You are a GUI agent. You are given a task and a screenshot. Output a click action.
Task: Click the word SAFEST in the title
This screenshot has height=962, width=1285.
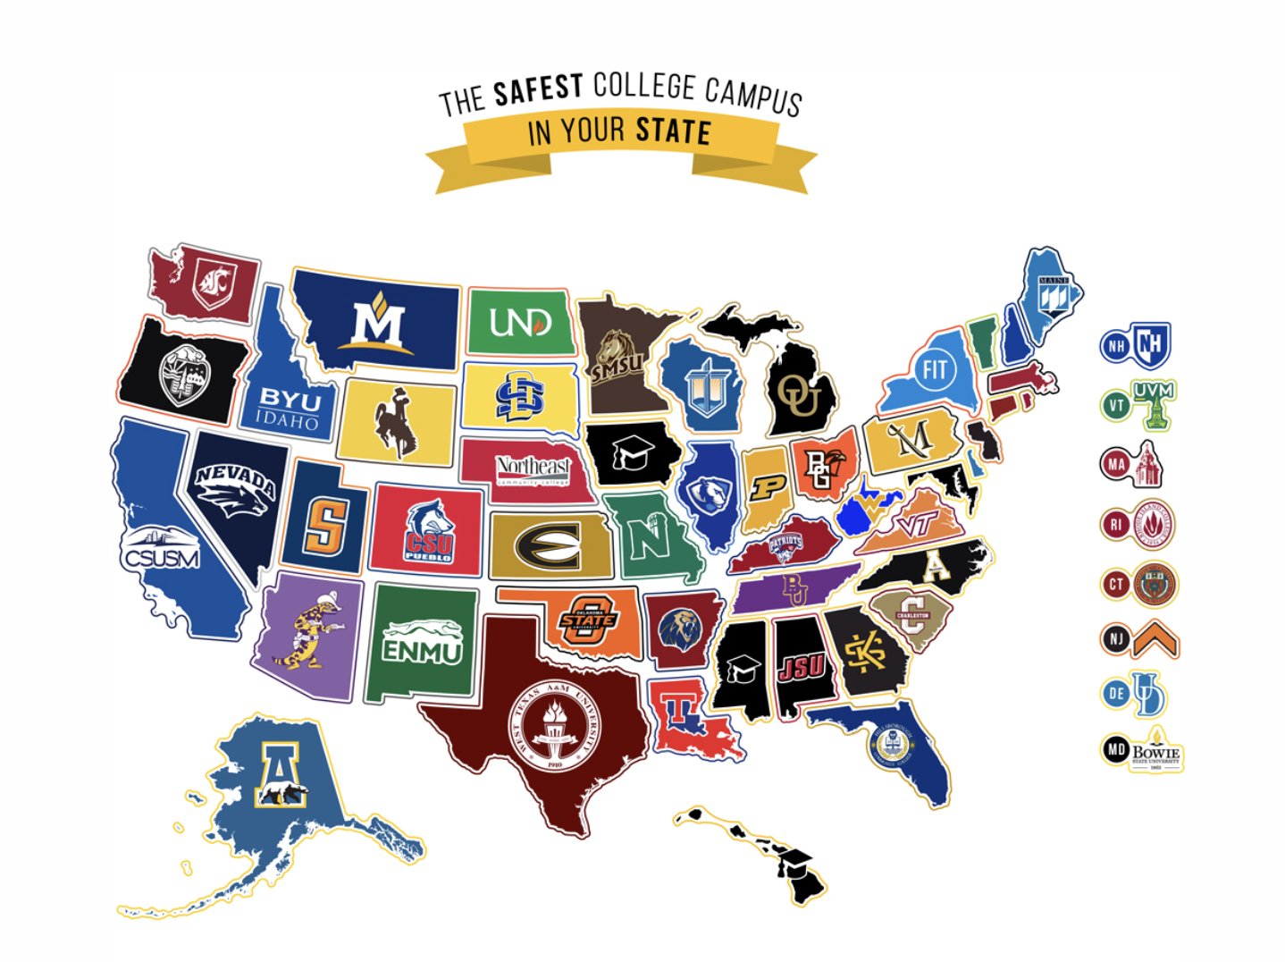pos(538,89)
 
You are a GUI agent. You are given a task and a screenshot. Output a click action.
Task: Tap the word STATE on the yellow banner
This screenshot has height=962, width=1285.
pos(673,132)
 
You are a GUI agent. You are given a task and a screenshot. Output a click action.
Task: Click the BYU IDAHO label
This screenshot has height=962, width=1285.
pos(290,408)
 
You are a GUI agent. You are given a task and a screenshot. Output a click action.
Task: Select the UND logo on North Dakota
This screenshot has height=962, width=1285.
pos(520,322)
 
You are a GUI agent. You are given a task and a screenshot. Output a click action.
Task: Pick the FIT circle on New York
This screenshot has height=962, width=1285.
pos(935,369)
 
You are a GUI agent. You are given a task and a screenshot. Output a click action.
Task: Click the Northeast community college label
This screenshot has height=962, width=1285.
pos(533,468)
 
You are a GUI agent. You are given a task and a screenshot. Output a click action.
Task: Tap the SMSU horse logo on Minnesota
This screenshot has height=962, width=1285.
pos(617,356)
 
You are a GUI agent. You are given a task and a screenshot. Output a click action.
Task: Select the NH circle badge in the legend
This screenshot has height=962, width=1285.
pos(1114,346)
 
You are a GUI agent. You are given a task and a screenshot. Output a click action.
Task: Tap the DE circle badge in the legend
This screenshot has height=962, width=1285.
pos(1116,693)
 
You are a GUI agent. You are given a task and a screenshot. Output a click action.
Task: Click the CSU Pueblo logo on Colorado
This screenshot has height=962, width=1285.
pos(429,531)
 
